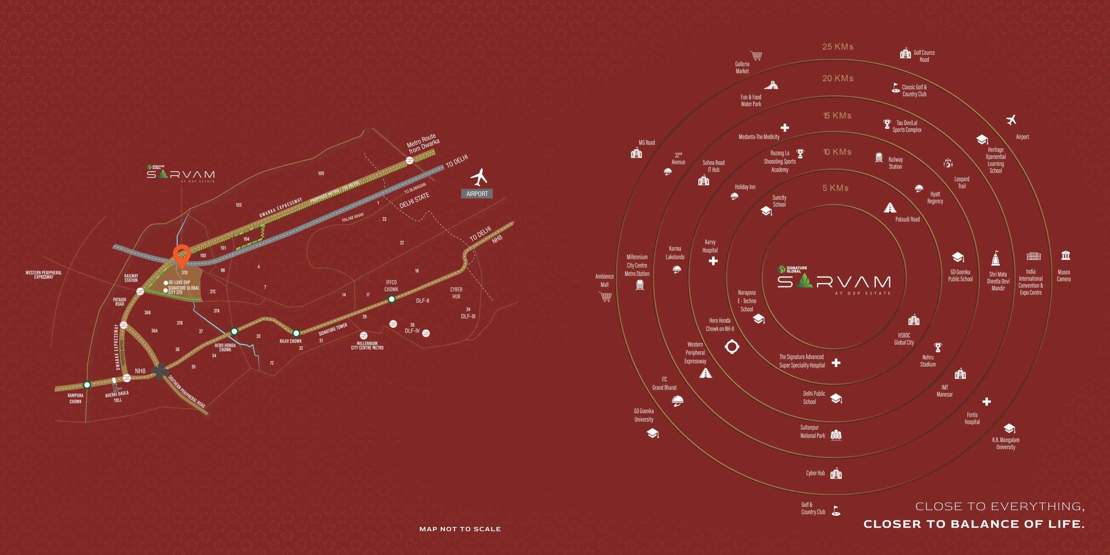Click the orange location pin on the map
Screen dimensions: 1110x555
pyautogui.click(x=182, y=255)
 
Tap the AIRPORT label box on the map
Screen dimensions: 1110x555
pyautogui.click(x=477, y=194)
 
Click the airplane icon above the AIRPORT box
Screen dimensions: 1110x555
pyautogui.click(x=479, y=177)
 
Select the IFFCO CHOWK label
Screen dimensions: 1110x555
pyautogui.click(x=391, y=286)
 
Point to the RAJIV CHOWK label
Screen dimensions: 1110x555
pyautogui.click(x=290, y=341)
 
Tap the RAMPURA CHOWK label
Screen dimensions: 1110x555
pyautogui.click(x=75, y=398)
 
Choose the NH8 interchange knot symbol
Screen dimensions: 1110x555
pyautogui.click(x=160, y=371)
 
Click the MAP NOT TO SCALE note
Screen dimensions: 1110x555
pyautogui.click(x=460, y=529)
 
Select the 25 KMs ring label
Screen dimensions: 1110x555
pyautogui.click(x=838, y=47)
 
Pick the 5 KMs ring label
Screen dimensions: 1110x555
pyautogui.click(x=836, y=188)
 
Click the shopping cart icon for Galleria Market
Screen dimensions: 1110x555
pyautogui.click(x=756, y=56)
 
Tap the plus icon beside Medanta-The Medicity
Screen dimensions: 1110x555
pyautogui.click(x=784, y=128)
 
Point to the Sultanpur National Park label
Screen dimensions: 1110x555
pyautogui.click(x=812, y=431)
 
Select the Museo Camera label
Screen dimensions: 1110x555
pyautogui.click(x=1063, y=276)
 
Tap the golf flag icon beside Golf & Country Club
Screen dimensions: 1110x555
pyautogui.click(x=836, y=511)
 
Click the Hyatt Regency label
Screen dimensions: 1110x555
pyautogui.click(x=935, y=197)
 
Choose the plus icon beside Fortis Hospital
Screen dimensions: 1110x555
pyautogui.click(x=986, y=402)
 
